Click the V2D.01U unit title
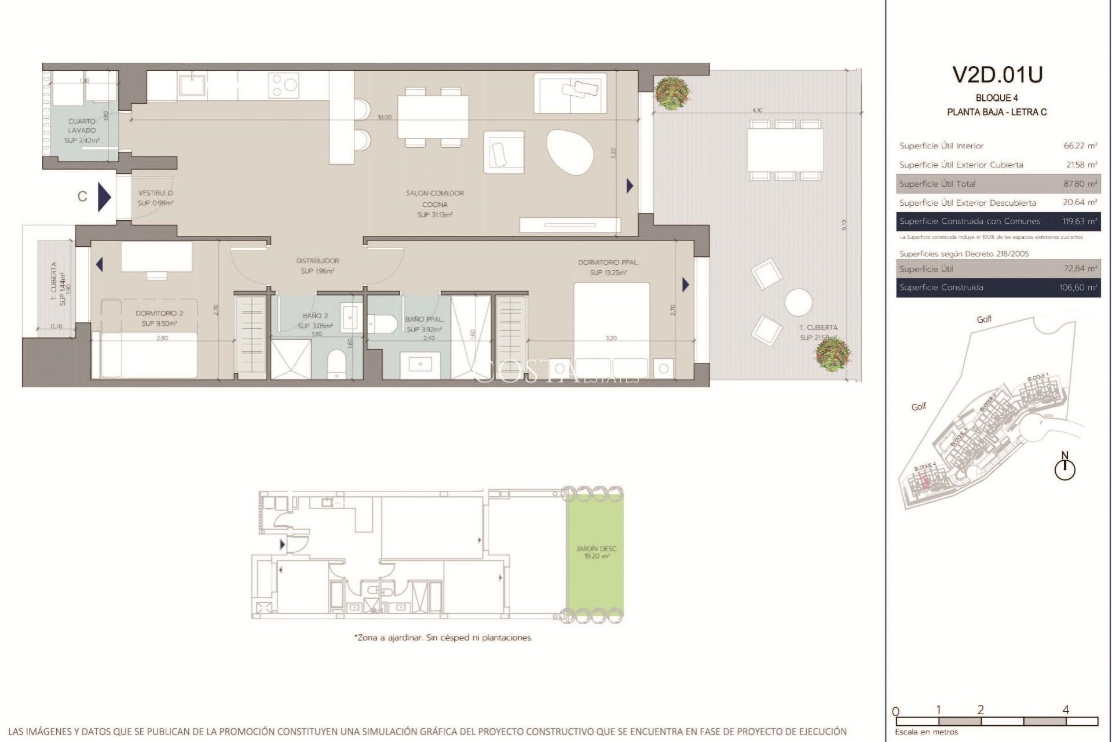997,75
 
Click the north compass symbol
1065,467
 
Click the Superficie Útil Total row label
937,184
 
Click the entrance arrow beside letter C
104,197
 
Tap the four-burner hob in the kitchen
283,86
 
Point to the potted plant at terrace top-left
672,93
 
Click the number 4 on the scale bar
1066,710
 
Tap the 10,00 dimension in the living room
385,117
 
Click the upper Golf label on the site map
984,319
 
